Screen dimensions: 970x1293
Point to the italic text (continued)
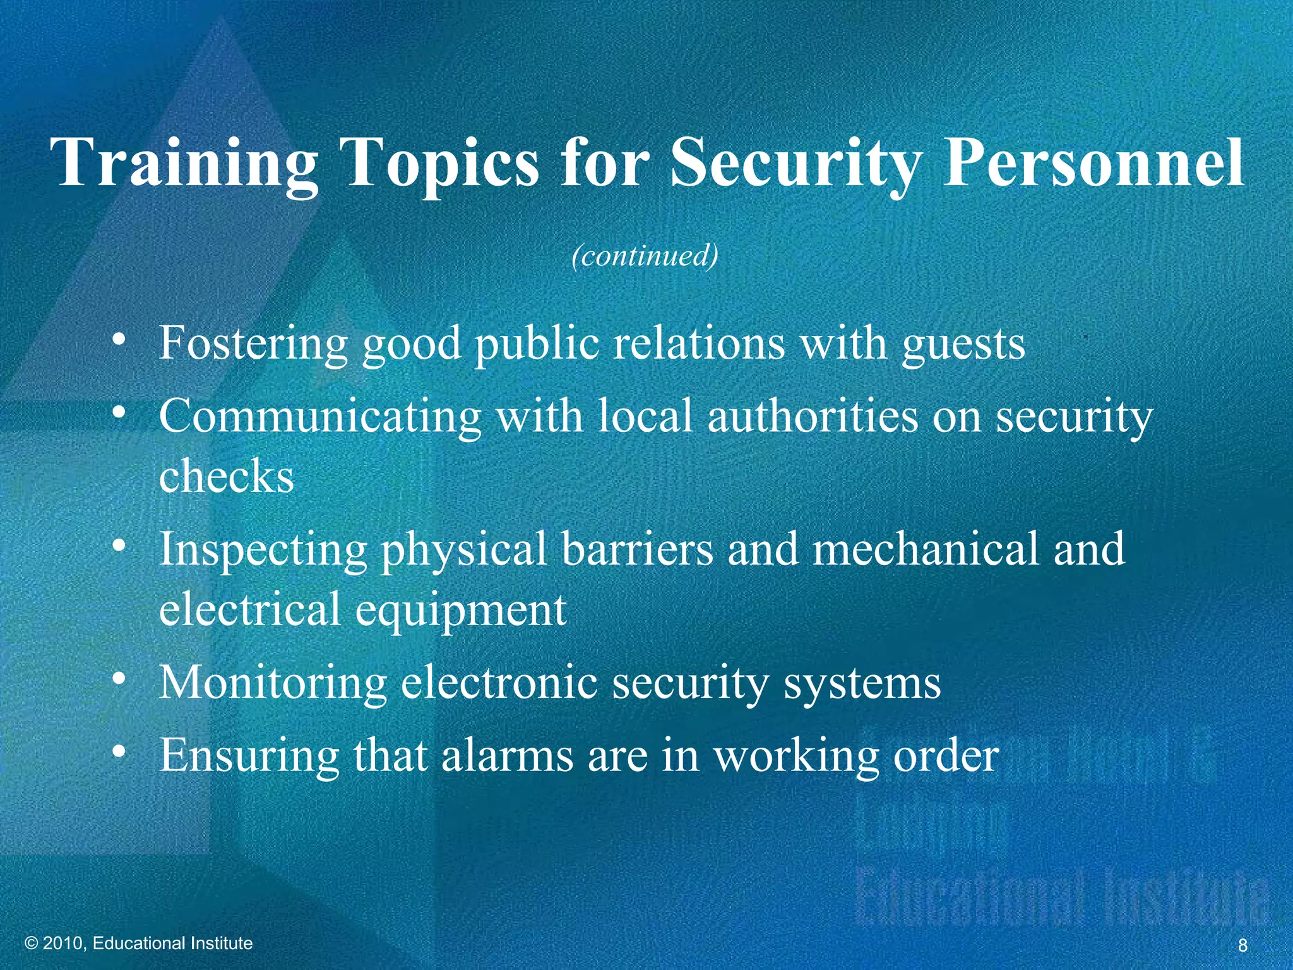pyautogui.click(x=645, y=256)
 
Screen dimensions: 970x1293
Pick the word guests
pyautogui.click(x=963, y=344)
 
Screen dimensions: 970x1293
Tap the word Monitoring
pyautogui.click(x=273, y=683)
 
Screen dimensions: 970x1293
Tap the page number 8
pyautogui.click(x=1242, y=945)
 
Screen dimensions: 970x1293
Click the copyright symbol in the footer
pyautogui.click(x=32, y=943)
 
